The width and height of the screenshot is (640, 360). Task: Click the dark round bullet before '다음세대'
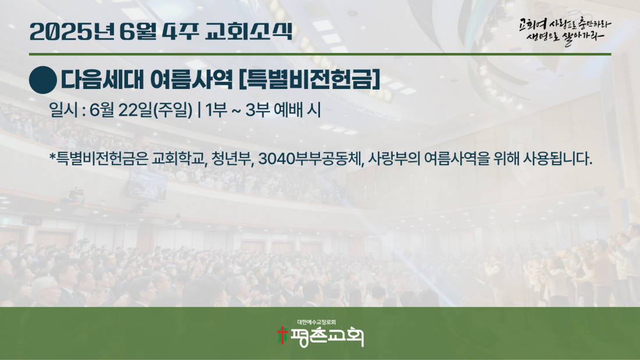pyautogui.click(x=43, y=80)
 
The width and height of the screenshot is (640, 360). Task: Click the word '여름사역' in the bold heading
pyautogui.click(x=191, y=80)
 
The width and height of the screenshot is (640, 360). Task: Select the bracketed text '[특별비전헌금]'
pyautogui.click(x=309, y=80)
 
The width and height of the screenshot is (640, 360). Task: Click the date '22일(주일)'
pyautogui.click(x=155, y=110)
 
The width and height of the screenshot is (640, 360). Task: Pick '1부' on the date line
pyautogui.click(x=216, y=110)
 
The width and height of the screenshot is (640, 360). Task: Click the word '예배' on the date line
pyautogui.click(x=288, y=110)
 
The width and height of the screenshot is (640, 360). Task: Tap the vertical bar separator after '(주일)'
pyautogui.click(x=199, y=110)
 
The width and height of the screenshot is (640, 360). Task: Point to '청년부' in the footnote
pyautogui.click(x=232, y=159)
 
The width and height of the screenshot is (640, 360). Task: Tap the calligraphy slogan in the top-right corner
pyautogui.click(x=565, y=31)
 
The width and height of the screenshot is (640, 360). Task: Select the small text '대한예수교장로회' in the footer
pyautogui.click(x=317, y=322)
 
